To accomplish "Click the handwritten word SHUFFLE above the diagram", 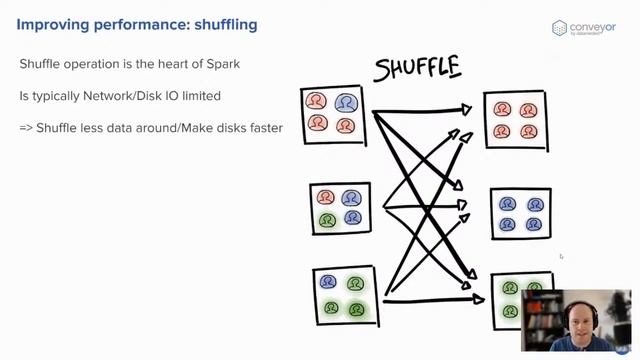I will coord(417,67).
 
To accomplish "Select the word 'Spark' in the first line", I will coord(220,65).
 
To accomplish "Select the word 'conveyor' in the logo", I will coord(595,25).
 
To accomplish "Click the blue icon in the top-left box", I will coord(345,103).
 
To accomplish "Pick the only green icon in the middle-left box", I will coord(326,219).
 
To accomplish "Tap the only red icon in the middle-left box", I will coord(326,198).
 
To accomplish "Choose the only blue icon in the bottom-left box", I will coord(329,283).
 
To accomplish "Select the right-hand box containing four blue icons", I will coord(520,213).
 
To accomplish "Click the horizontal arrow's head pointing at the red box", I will coord(465,110).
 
